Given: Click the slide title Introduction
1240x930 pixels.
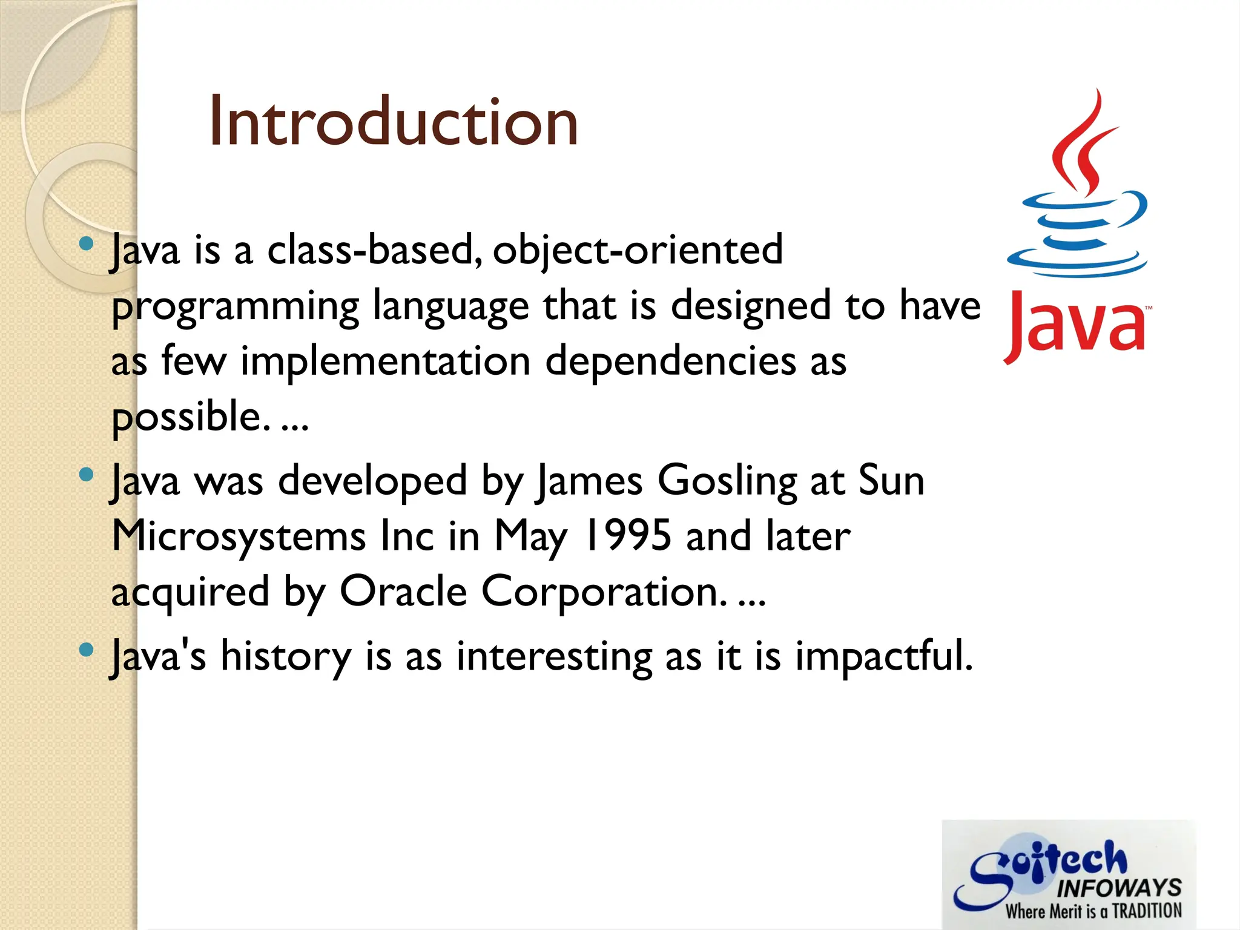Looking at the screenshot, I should pos(394,122).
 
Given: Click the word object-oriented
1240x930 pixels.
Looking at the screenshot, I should pos(638,250).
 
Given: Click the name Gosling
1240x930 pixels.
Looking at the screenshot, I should pos(727,481).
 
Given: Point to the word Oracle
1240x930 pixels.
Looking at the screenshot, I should pos(403,592).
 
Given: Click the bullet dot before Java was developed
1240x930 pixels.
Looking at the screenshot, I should pos(87,475).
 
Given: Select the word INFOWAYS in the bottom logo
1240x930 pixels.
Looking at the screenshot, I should pos(1119,888).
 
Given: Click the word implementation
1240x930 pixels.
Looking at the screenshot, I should pos(386,361).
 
